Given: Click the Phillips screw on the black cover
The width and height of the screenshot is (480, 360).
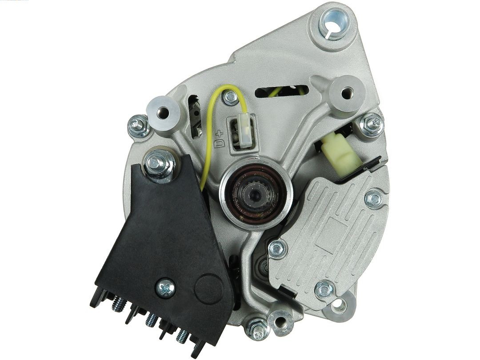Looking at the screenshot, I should [x=165, y=288].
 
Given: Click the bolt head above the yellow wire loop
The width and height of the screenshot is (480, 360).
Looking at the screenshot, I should [x=230, y=97].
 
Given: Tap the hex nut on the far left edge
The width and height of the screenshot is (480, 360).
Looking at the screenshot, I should [x=138, y=126].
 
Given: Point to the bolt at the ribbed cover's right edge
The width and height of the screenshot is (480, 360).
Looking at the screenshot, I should [x=373, y=198].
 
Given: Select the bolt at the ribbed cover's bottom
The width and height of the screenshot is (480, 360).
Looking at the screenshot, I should [x=324, y=289].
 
